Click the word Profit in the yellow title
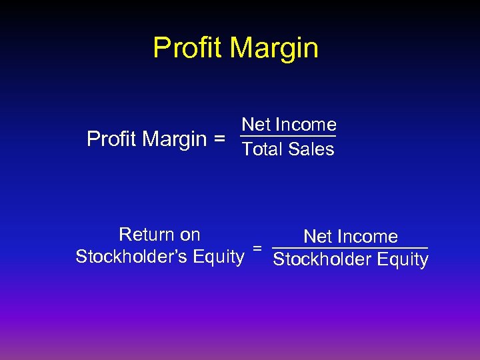tap(186, 48)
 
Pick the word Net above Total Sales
tap(255, 125)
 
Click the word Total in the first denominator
tap(263, 149)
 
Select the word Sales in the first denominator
tap(311, 149)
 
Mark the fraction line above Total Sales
tap(288, 137)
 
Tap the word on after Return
tap(190, 235)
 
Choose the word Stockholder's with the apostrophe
tap(131, 257)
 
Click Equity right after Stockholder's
tap(218, 257)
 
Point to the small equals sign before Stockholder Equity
tap(257, 248)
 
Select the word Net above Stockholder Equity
tap(317, 237)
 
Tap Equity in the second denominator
tap(403, 259)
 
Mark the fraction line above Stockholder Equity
tap(351, 249)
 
